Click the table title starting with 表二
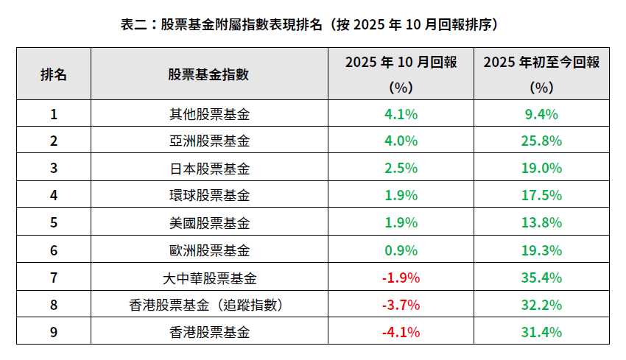click(x=312, y=24)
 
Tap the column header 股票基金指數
click(x=209, y=74)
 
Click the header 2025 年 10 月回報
click(x=401, y=63)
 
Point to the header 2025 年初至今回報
click(x=541, y=63)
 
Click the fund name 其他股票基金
click(x=209, y=114)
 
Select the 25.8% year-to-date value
click(x=541, y=141)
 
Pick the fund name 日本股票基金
click(x=209, y=169)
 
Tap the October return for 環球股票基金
click(x=401, y=196)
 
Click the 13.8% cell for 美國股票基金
click(x=541, y=223)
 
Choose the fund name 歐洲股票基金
click(x=209, y=250)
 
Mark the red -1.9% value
click(x=401, y=278)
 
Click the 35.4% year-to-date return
click(x=541, y=278)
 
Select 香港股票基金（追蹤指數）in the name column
click(x=209, y=305)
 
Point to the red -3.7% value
click(x=401, y=305)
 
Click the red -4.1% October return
click(x=401, y=332)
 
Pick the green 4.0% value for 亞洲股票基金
click(x=401, y=141)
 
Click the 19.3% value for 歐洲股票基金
click(x=541, y=250)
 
